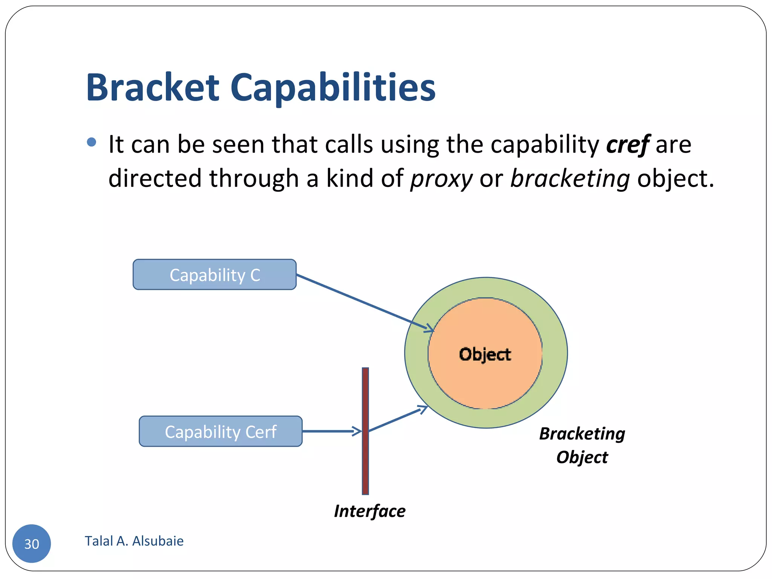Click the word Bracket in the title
click(x=153, y=87)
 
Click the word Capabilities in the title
click(x=332, y=87)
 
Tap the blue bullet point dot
click(x=91, y=142)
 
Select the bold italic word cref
click(x=628, y=144)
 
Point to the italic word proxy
click(x=441, y=179)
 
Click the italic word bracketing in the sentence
click(x=570, y=179)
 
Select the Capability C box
click(x=214, y=274)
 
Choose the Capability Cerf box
click(x=221, y=431)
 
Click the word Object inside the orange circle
click(x=485, y=354)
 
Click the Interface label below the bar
click(x=369, y=511)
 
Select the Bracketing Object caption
click(x=582, y=445)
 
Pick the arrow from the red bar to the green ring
click(x=396, y=419)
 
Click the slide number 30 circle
click(x=32, y=543)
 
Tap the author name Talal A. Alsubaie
click(x=134, y=541)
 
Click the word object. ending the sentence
click(x=675, y=179)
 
